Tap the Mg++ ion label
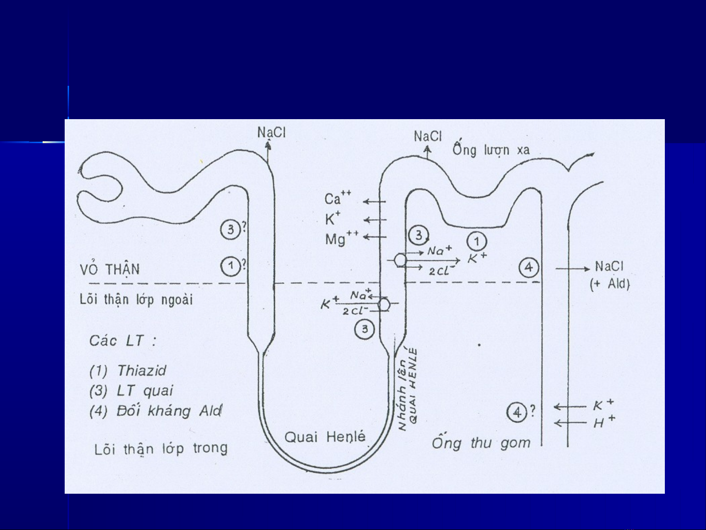[341, 238]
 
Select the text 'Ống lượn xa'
[491, 149]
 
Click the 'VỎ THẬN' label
[110, 269]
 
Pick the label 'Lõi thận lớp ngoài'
[136, 299]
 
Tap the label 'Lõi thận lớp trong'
[161, 449]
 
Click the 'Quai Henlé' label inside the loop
[325, 436]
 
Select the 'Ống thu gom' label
[481, 443]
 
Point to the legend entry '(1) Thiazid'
[128, 370]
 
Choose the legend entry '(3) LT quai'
[131, 390]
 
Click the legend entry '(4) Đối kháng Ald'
[155, 410]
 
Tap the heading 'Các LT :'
[122, 340]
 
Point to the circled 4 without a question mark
[529, 268]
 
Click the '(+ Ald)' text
[609, 284]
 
